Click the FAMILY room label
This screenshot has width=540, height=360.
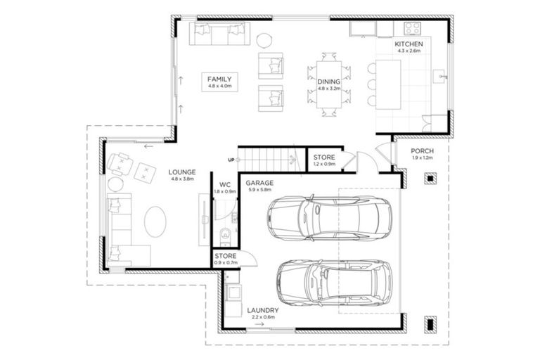pyautogui.click(x=219, y=79)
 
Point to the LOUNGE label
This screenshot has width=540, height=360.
pyautogui.click(x=181, y=172)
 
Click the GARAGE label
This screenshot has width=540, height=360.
pyautogui.click(x=259, y=183)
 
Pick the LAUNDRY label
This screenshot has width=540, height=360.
pyautogui.click(x=263, y=310)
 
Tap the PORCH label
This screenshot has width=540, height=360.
pyautogui.click(x=423, y=151)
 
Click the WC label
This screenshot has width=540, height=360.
pyautogui.click(x=225, y=184)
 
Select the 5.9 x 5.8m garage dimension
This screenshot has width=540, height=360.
pyautogui.click(x=259, y=191)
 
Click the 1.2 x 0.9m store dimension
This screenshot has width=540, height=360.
pyautogui.click(x=324, y=165)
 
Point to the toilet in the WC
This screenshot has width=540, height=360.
pyautogui.click(x=225, y=233)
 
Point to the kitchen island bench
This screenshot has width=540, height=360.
pyautogui.click(x=389, y=83)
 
